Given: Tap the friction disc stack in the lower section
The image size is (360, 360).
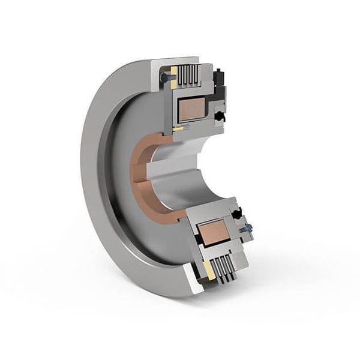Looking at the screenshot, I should tap(223, 271).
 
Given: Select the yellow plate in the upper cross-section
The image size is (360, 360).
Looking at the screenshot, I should tap(173, 74).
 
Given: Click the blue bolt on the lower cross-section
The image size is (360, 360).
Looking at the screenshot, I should tap(245, 229).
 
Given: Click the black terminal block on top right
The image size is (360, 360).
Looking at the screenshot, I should tap(221, 76).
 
